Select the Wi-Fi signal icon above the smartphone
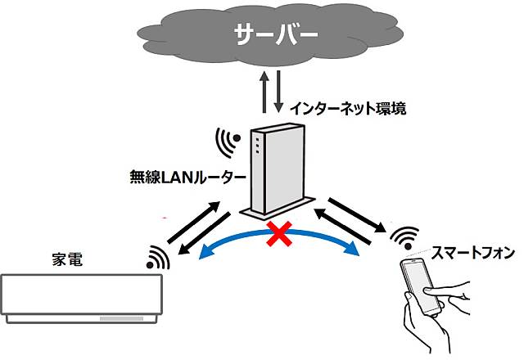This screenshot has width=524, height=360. (404, 238)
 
